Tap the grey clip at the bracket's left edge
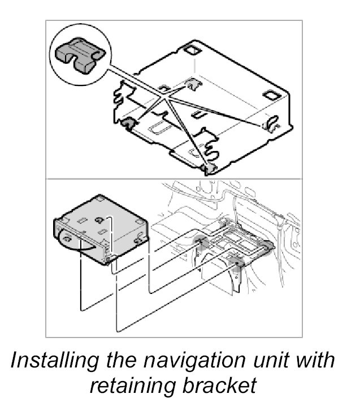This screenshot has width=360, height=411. [x=127, y=123]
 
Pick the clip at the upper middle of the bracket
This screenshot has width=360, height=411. [x=195, y=85]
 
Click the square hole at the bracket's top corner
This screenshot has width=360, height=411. [x=191, y=49]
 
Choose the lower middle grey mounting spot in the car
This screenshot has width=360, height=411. [x=236, y=261]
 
